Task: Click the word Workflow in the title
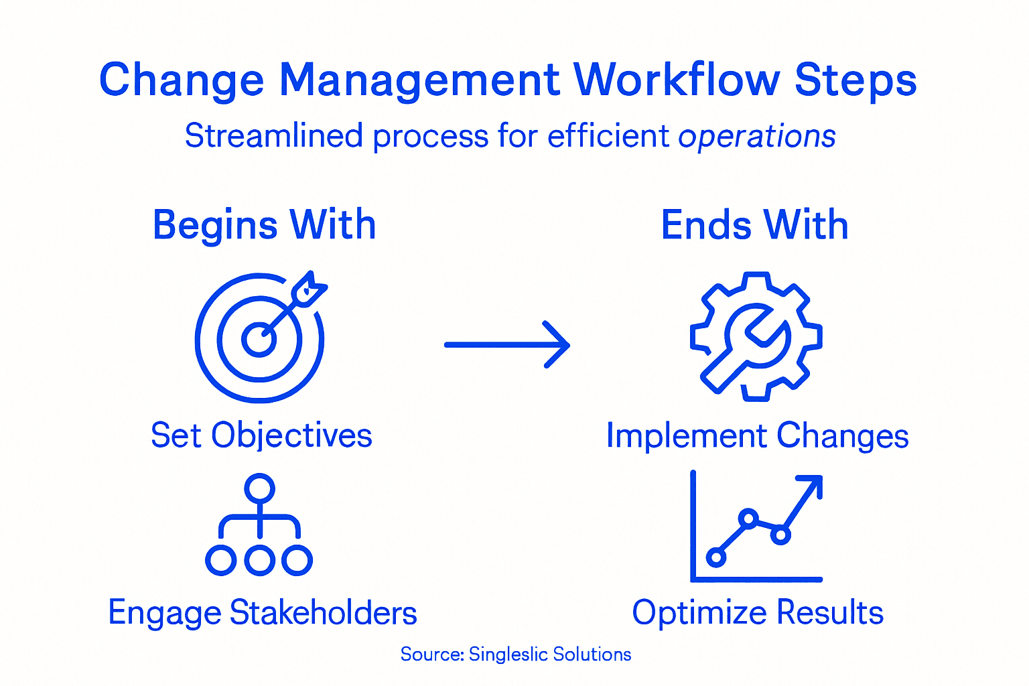677,80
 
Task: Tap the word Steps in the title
855,81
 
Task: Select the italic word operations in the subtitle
756,137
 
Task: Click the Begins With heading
264,225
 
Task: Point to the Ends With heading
754,225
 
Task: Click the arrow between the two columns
507,345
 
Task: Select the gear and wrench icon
756,336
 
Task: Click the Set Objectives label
261,435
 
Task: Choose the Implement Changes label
757,436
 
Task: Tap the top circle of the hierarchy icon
259,488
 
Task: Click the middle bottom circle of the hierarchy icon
259,560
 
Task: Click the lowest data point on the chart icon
716,557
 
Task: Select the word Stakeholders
324,612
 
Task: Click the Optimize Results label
758,612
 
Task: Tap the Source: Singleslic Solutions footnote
515,654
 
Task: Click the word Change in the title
182,81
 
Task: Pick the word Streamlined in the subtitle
274,137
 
